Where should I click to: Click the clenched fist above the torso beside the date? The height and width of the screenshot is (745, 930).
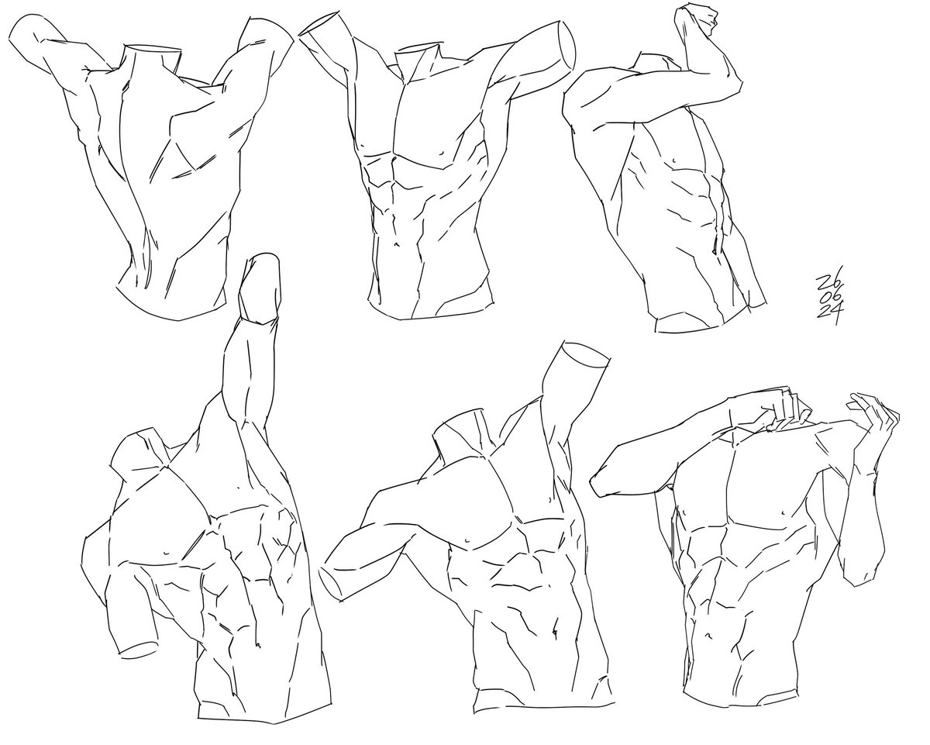point(695,21)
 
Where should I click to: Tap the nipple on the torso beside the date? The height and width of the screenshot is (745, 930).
point(674,160)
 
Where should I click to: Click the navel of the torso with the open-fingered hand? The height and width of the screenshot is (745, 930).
point(708,636)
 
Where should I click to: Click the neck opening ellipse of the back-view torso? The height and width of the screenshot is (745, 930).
point(153,47)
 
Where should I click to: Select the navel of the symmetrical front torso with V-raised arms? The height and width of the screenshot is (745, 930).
point(396,244)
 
